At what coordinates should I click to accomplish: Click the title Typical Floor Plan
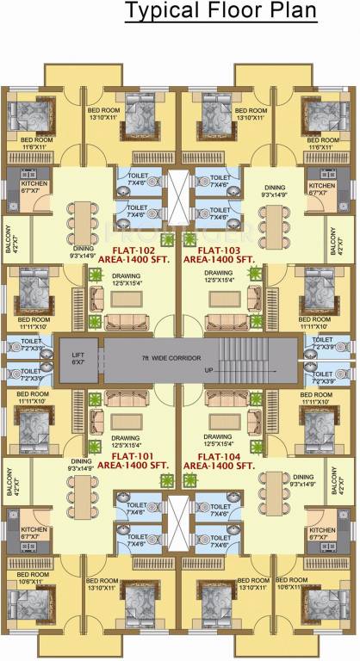220,12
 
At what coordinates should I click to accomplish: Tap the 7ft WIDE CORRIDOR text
180,356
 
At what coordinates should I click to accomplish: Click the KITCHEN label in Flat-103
322,189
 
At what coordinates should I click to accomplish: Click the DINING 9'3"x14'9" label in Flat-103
274,191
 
